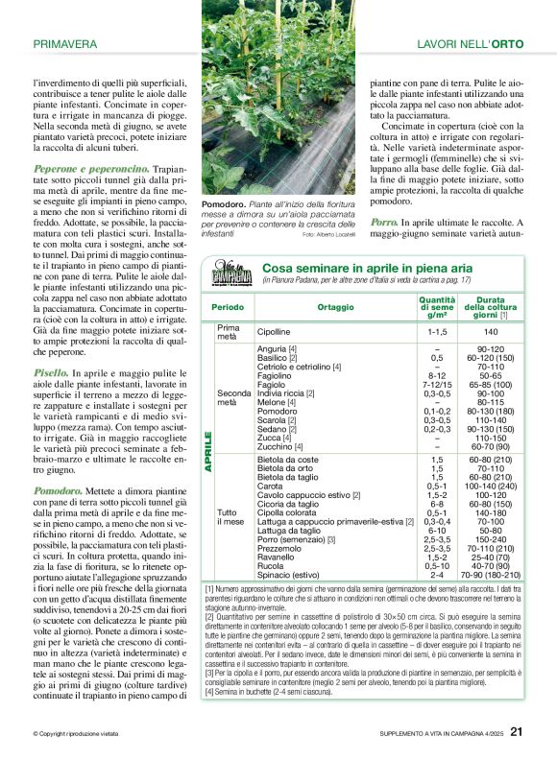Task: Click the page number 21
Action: point(516,731)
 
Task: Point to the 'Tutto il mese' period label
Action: point(231,517)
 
